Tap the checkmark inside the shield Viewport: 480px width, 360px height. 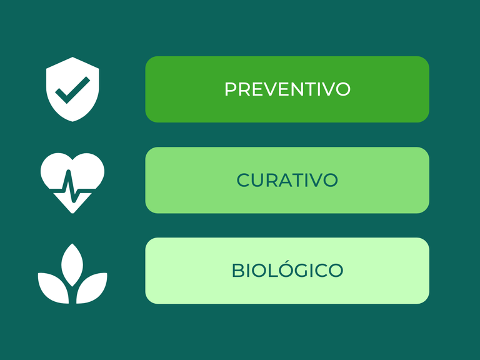[x=72, y=91]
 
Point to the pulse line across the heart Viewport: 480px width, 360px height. [x=72, y=187]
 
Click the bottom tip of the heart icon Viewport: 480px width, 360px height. [x=72, y=213]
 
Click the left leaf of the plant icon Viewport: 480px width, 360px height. [x=53, y=287]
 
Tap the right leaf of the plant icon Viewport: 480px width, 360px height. [x=92, y=287]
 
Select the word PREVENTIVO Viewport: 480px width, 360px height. [x=287, y=89]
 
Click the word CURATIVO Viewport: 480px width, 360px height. [x=287, y=180]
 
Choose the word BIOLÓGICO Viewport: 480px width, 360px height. [x=287, y=271]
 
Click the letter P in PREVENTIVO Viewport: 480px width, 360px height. [x=231, y=89]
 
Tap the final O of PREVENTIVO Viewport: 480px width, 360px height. [x=343, y=89]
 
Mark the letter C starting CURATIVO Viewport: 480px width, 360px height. [x=243, y=180]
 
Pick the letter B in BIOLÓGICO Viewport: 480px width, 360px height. [x=237, y=271]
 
